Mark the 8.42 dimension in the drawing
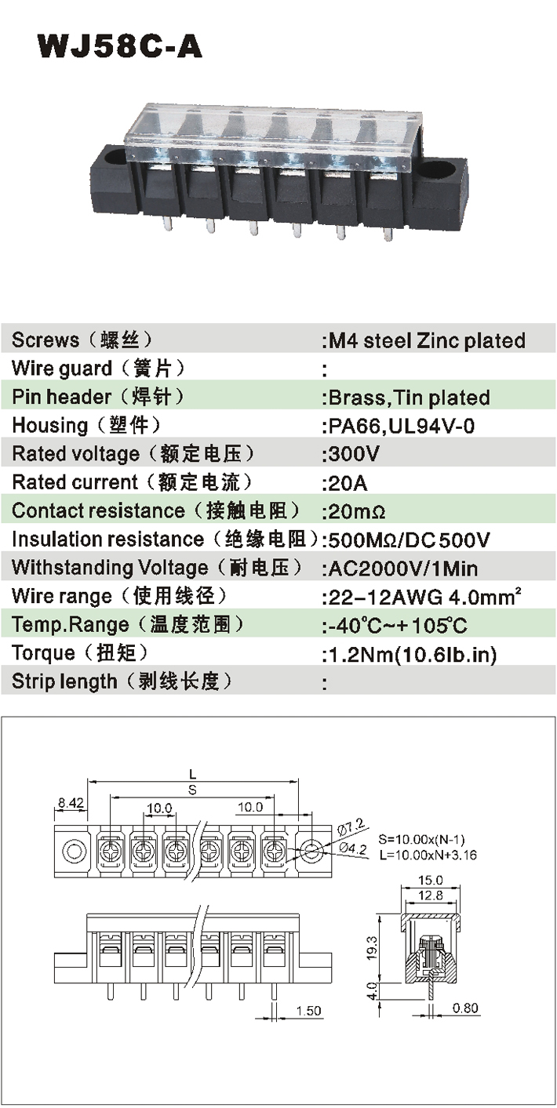[70, 802]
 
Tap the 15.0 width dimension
[430, 881]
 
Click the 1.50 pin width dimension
[309, 1012]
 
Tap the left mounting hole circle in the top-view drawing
[75, 850]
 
